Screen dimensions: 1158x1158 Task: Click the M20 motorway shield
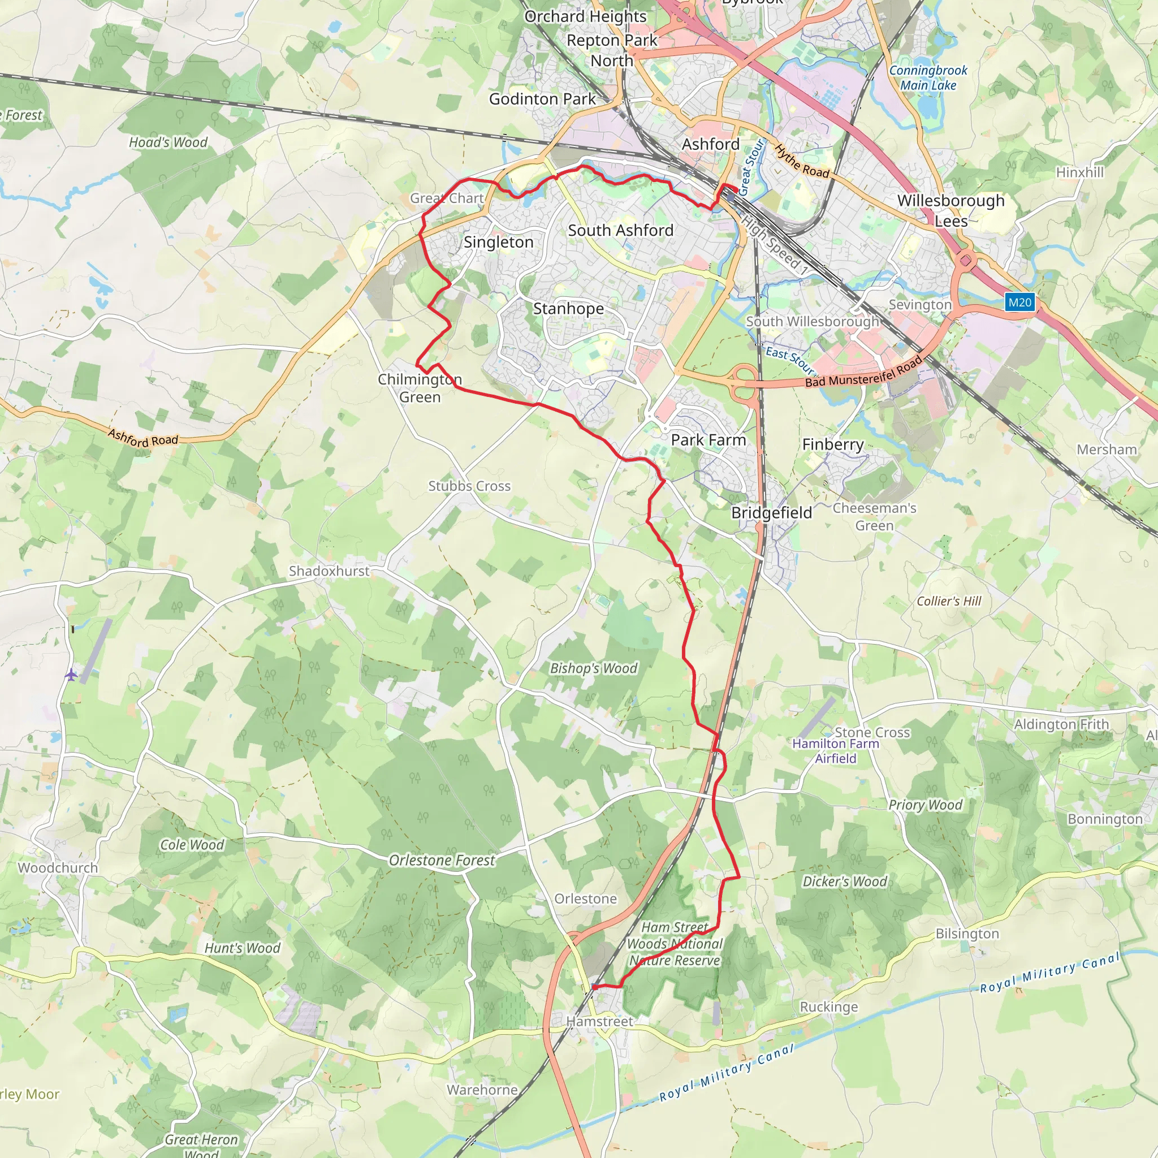coord(1019,302)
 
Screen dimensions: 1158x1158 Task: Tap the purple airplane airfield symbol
coord(71,675)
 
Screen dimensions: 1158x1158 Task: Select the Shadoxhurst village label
coord(329,571)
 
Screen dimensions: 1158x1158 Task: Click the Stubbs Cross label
coord(469,486)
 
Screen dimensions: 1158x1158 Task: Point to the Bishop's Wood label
coord(593,668)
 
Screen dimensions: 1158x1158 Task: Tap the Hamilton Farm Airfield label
coord(836,751)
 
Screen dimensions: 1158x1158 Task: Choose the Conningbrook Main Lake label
coord(928,78)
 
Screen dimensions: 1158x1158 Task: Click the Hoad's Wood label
coord(168,142)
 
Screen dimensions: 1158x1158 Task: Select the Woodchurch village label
coord(58,868)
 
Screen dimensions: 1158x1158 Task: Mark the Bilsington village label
coord(967,934)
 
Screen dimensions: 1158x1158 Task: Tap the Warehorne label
coord(482,1090)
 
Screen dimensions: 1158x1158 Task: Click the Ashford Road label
coord(143,438)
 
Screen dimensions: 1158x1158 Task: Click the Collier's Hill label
coord(949,601)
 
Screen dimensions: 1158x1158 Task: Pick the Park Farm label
coord(708,440)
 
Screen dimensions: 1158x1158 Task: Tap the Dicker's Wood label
coord(845,882)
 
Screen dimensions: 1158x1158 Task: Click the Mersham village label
coord(1107,450)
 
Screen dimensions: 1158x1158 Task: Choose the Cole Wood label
coord(192,845)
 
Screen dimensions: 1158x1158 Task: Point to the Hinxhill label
coord(1079,172)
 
